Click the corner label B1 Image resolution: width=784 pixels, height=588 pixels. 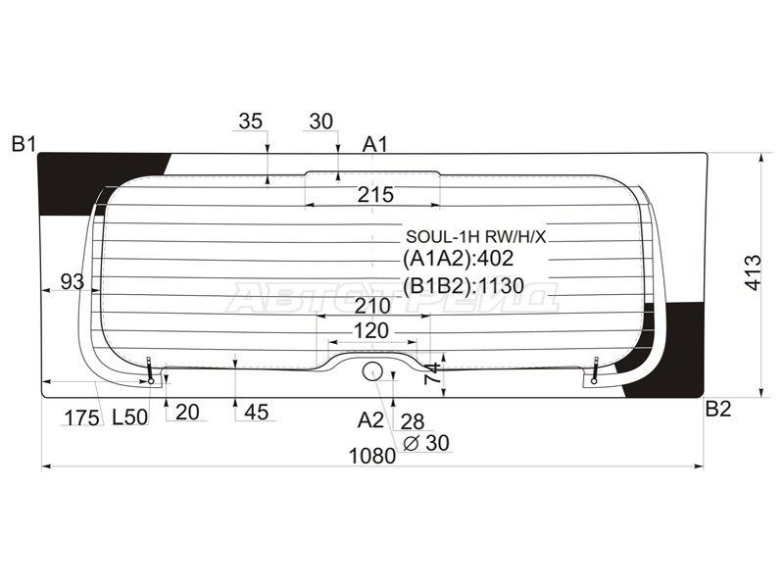(x=24, y=144)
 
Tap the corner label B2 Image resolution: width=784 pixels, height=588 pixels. (x=718, y=409)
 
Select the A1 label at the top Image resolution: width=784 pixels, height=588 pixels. (x=375, y=144)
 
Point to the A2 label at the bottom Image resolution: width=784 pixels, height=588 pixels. (x=370, y=420)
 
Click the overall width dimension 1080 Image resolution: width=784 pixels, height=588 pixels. (x=372, y=456)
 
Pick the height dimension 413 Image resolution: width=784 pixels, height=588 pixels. (x=753, y=272)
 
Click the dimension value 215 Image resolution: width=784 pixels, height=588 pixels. (x=375, y=194)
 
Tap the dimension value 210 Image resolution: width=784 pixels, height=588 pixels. (x=372, y=306)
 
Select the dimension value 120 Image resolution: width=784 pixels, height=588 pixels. (x=371, y=331)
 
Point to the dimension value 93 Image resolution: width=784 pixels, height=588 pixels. (x=72, y=282)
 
